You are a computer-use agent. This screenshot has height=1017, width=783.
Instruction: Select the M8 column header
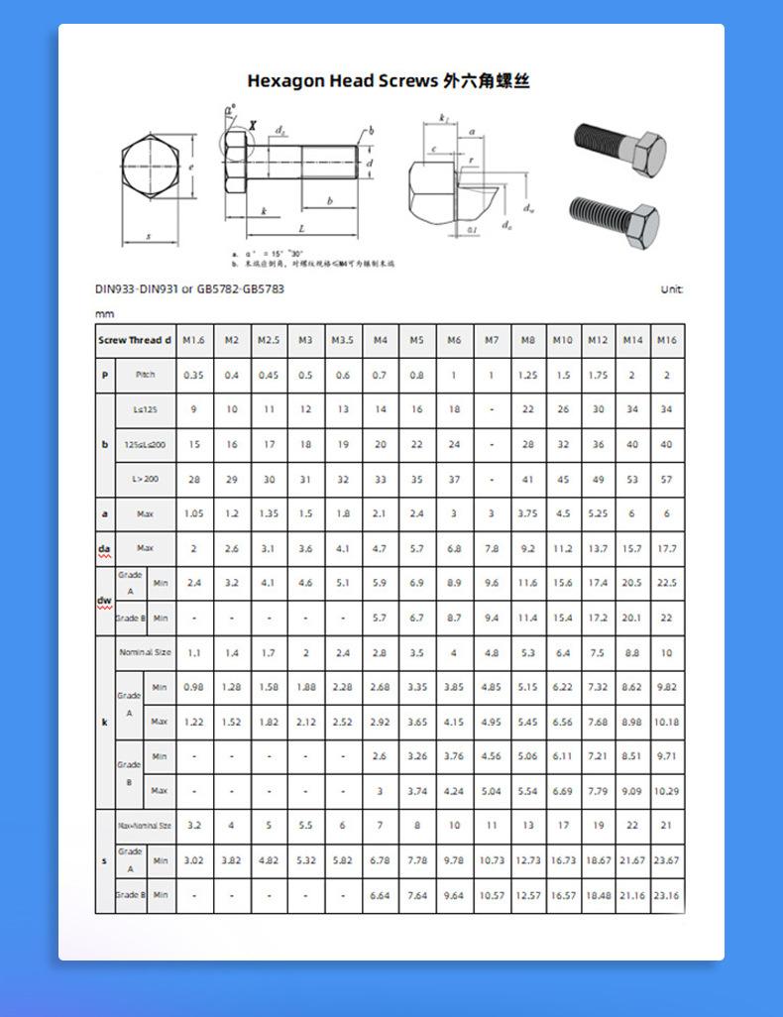tap(528, 340)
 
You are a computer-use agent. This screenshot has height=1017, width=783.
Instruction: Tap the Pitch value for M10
tap(563, 376)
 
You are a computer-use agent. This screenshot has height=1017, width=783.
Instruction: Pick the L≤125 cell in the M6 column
tap(454, 409)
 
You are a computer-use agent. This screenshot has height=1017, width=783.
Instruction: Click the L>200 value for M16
tap(666, 479)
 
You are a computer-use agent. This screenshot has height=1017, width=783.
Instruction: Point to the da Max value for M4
tap(380, 548)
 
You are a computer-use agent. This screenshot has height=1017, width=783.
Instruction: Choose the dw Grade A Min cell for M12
tap(598, 583)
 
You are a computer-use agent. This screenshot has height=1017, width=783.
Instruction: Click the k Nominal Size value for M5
tap(416, 653)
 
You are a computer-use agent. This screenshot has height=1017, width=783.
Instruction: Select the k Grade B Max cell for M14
tap(631, 791)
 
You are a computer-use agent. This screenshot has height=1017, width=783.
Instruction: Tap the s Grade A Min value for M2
tap(231, 860)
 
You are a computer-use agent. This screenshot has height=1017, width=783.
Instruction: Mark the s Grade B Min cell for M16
tap(666, 895)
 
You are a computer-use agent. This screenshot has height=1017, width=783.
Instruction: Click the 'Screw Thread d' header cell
tap(135, 340)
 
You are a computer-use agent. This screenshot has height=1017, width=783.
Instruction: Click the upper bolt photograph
tap(621, 149)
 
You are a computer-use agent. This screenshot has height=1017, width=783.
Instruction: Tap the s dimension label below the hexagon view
tap(149, 237)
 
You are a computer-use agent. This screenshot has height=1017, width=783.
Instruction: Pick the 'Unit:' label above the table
tap(671, 289)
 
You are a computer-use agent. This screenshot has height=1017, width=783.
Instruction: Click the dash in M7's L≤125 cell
tap(492, 409)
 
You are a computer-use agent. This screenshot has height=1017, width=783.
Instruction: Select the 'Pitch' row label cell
tap(146, 376)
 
